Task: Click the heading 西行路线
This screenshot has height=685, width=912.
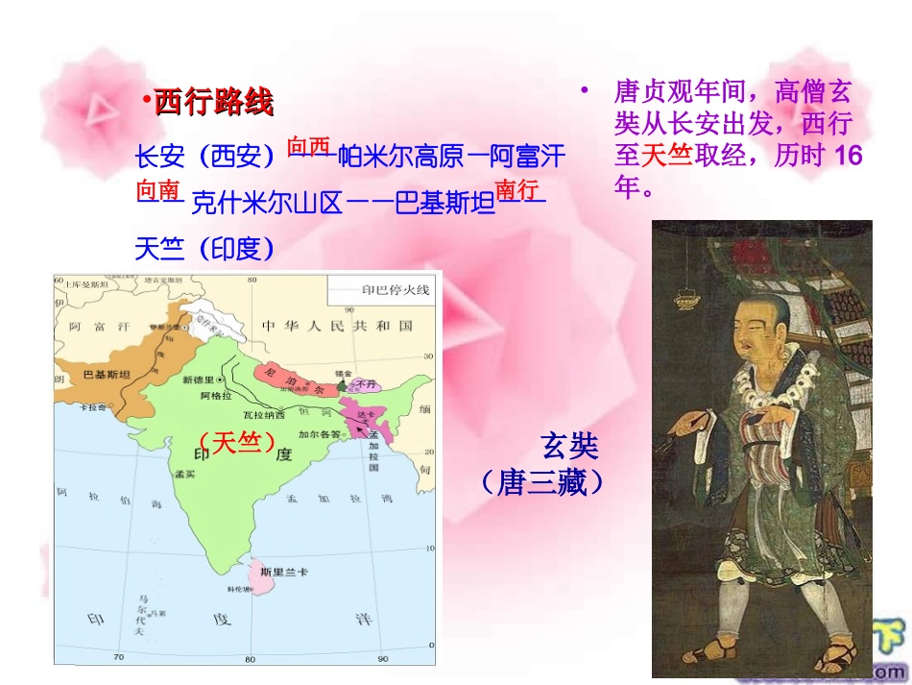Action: click(x=213, y=102)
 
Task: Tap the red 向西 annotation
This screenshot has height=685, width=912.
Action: click(x=308, y=146)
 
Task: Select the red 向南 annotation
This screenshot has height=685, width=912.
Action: click(x=158, y=190)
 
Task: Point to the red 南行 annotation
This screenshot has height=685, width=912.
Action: click(x=516, y=189)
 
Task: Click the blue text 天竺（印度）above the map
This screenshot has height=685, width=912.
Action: click(x=205, y=249)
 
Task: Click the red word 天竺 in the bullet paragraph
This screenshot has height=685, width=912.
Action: click(x=667, y=154)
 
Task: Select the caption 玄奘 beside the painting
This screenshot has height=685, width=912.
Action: click(x=569, y=446)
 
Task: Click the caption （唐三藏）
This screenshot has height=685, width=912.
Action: click(x=543, y=481)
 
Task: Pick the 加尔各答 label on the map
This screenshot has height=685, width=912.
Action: click(x=320, y=434)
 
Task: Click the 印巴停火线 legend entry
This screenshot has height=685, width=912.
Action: click(x=395, y=288)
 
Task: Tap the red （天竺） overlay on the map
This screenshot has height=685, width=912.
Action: click(x=236, y=442)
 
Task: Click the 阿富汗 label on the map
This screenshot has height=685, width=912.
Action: click(x=99, y=326)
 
